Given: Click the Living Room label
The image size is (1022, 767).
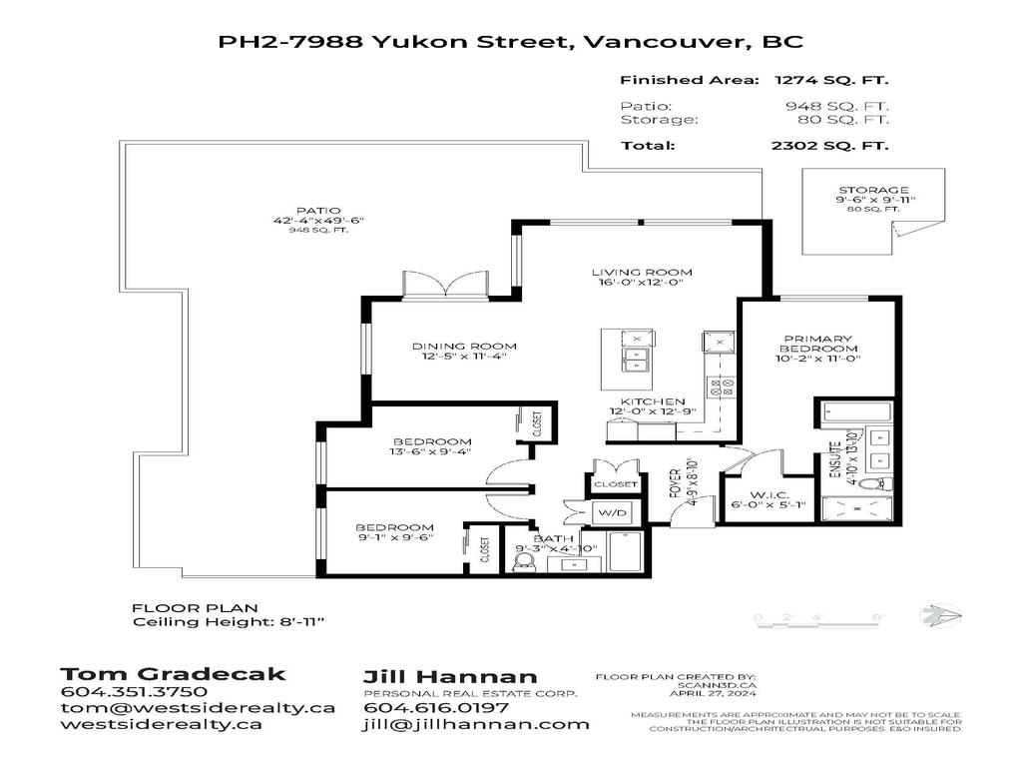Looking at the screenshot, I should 642,272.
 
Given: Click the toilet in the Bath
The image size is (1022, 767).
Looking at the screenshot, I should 524,564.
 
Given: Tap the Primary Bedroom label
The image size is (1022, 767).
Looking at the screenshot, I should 818,344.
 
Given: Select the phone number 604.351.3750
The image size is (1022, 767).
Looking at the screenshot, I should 134,691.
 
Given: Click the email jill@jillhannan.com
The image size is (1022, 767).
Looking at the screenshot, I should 475,724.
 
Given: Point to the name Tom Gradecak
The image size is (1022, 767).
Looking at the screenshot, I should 173,673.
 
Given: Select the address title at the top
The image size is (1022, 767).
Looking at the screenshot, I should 510,42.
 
